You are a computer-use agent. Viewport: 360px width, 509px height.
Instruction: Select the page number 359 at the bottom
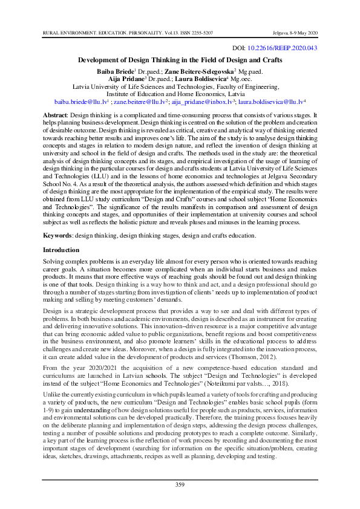pos(180,485)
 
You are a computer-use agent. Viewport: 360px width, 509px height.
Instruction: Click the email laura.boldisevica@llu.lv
pos(270,103)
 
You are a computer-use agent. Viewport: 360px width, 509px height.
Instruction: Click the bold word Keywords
pos(58,234)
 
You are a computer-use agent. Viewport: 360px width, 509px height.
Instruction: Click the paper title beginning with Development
pos(180,60)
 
